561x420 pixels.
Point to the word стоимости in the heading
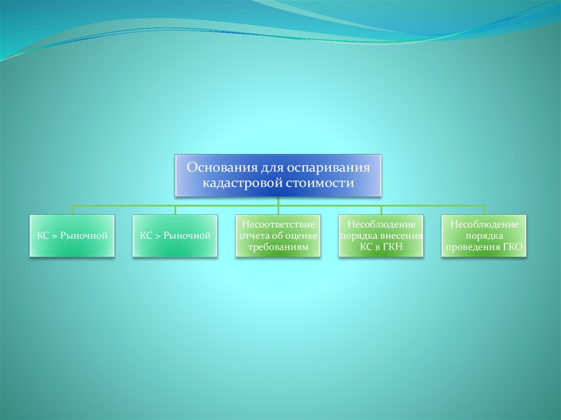(x=320, y=183)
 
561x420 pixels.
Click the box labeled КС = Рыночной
(x=72, y=236)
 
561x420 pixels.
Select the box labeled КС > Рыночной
(x=175, y=236)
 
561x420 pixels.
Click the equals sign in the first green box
(x=55, y=236)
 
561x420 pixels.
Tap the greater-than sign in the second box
(x=158, y=236)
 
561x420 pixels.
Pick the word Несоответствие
(x=278, y=225)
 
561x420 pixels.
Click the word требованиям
(x=278, y=247)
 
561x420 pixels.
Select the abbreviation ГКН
(x=392, y=247)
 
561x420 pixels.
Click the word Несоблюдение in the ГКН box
(x=381, y=225)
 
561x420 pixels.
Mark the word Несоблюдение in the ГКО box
(x=484, y=225)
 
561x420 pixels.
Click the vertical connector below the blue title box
(x=278, y=201)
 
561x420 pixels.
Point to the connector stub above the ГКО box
(x=484, y=210)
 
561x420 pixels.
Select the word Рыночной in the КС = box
(x=84, y=236)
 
